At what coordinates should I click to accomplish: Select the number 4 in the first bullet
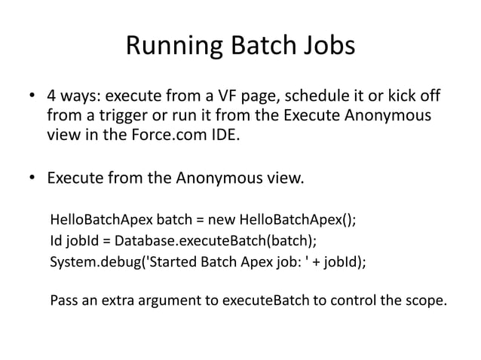click(52, 98)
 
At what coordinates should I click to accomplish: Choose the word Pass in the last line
click(63, 302)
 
